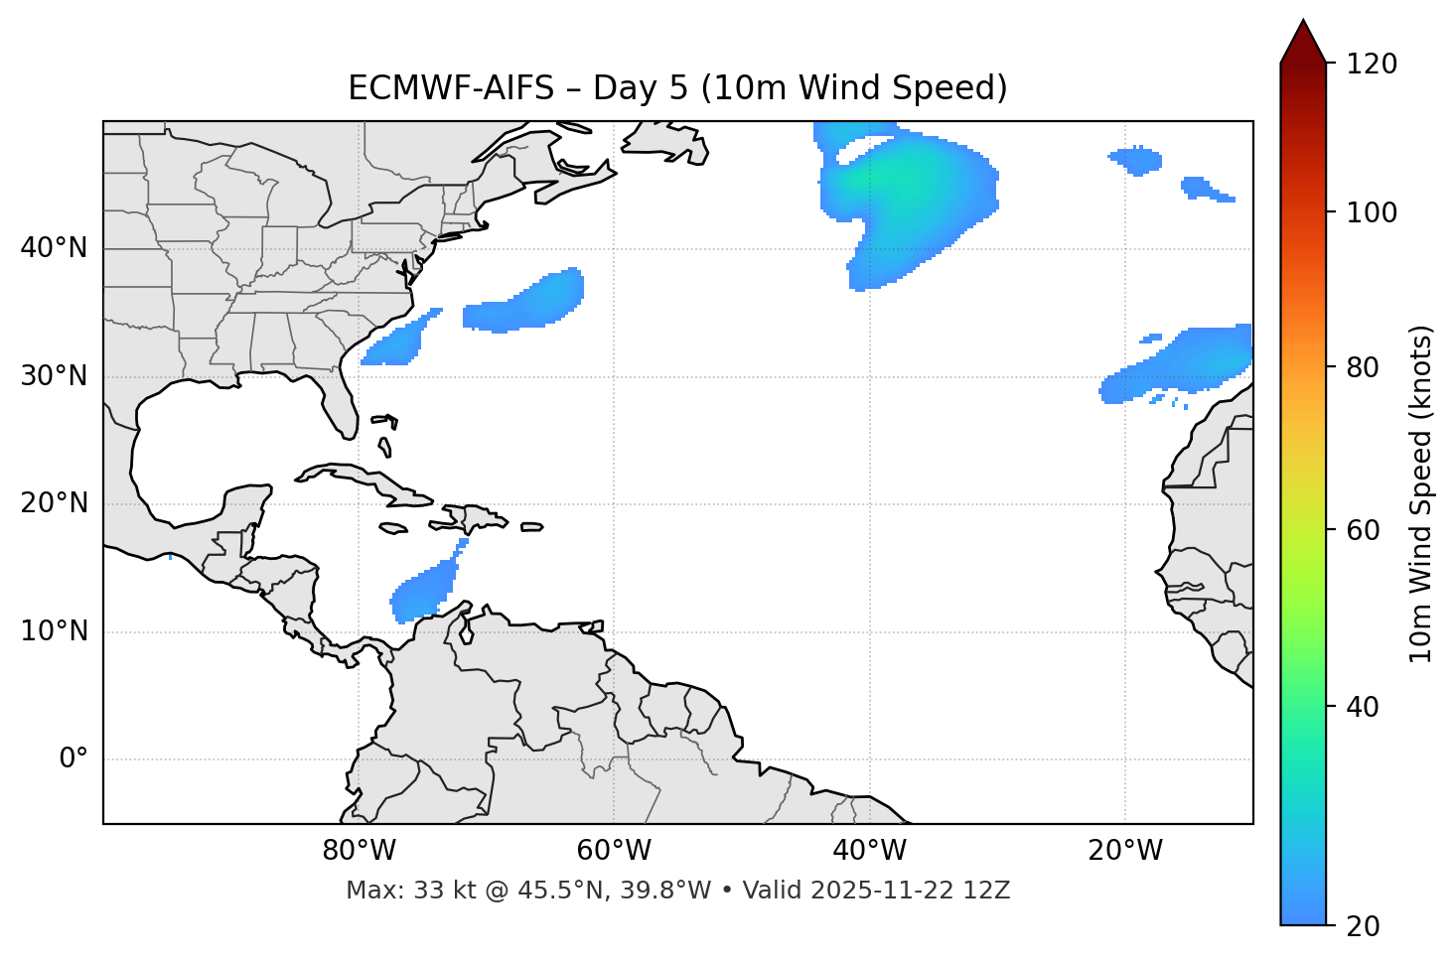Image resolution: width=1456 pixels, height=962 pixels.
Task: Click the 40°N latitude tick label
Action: click(54, 248)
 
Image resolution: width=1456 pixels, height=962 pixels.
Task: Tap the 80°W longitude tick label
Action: click(359, 851)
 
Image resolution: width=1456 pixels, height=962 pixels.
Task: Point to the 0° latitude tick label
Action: click(73, 759)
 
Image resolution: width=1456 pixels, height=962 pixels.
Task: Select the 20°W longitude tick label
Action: click(1125, 851)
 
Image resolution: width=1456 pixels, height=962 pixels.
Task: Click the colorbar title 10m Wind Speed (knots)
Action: click(1421, 493)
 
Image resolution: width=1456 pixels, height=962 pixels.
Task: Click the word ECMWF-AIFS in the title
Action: click(452, 88)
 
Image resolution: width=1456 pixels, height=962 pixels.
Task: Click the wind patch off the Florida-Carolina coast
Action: click(397, 343)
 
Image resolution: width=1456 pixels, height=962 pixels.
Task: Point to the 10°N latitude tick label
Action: click(54, 631)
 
